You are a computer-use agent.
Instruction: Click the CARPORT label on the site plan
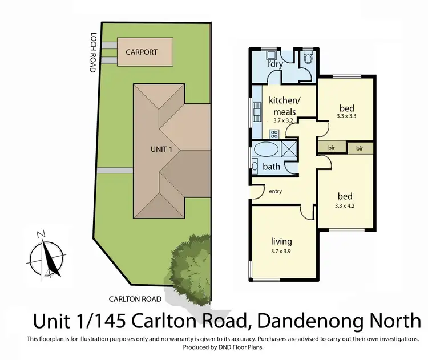pyautogui.click(x=142, y=51)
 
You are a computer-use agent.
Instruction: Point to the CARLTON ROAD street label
pyautogui.click(x=136, y=298)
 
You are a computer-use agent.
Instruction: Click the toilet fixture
pyautogui.click(x=308, y=58)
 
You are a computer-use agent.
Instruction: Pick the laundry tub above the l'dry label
pyautogui.click(x=271, y=56)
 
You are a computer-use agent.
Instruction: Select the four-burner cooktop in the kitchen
pyautogui.click(x=274, y=134)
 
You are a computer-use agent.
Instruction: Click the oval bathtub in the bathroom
pyautogui.click(x=266, y=151)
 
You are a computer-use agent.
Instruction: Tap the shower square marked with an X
pyautogui.click(x=289, y=151)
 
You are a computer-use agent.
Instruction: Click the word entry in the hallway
pyautogui.click(x=276, y=191)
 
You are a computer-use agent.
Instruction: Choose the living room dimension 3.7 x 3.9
pyautogui.click(x=280, y=249)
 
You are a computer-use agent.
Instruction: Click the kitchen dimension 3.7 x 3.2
pyautogui.click(x=281, y=120)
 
